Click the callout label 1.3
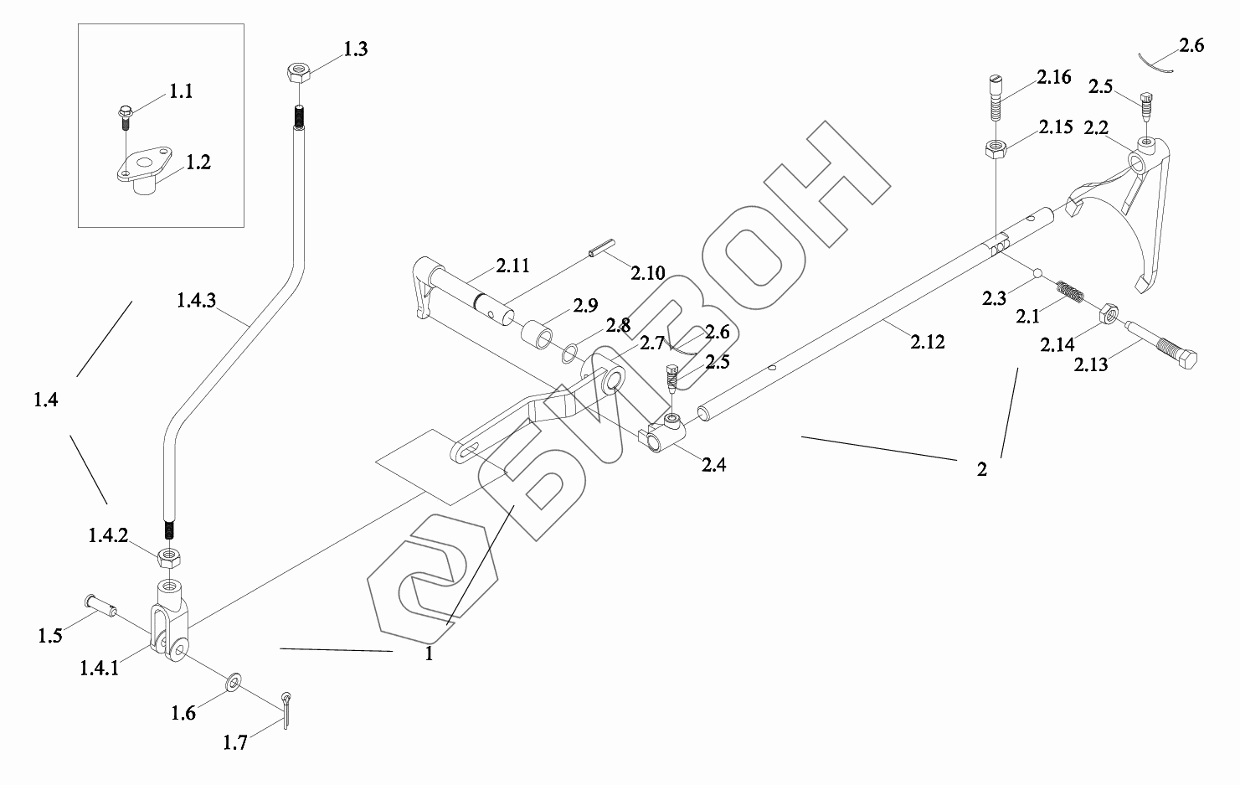coord(355,49)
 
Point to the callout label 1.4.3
coord(196,299)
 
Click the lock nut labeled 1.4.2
coord(170,555)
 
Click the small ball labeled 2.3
coord(1037,272)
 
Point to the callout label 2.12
coord(927,342)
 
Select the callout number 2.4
coord(713,464)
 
